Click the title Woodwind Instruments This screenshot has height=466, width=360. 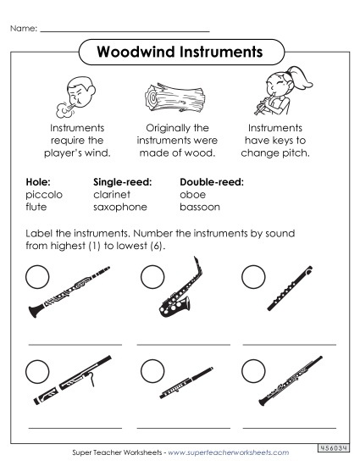180,53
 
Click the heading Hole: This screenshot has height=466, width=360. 39,181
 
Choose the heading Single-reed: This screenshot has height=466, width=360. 123,181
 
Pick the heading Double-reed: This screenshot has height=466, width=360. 212,181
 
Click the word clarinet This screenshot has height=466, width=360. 114,194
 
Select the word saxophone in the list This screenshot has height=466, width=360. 120,207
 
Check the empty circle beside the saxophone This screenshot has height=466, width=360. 152,275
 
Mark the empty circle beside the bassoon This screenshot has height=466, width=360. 37,370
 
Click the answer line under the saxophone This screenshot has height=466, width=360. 182,345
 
